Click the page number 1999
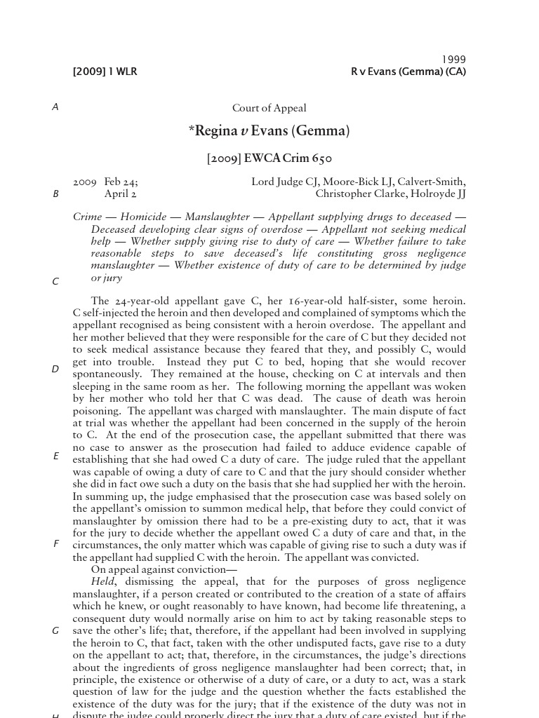click(x=453, y=60)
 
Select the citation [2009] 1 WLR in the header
click(x=105, y=72)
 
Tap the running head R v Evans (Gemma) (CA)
click(x=408, y=72)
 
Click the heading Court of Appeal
click(x=269, y=108)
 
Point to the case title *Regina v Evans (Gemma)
click(x=269, y=131)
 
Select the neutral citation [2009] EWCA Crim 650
click(x=269, y=158)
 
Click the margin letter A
click(x=55, y=107)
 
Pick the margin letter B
click(x=56, y=194)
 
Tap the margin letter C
click(x=55, y=282)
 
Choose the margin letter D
click(x=55, y=370)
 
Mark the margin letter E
click(x=56, y=456)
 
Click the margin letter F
click(x=56, y=544)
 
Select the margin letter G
click(x=55, y=631)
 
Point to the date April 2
click(x=120, y=194)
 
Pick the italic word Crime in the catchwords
click(x=88, y=217)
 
